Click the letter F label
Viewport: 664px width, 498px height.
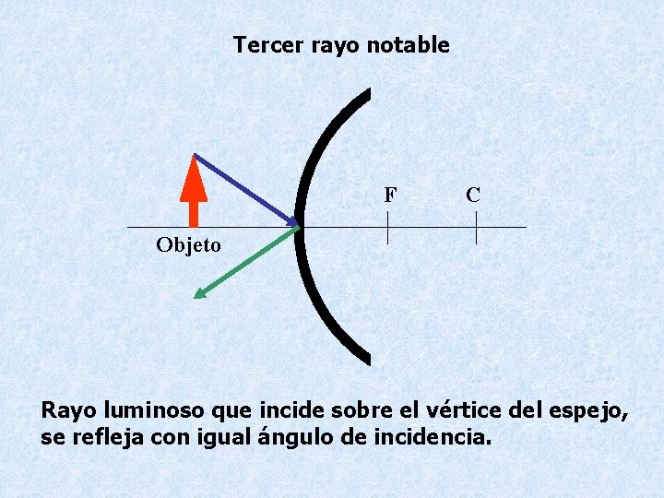click(x=390, y=195)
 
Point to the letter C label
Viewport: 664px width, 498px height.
click(x=472, y=195)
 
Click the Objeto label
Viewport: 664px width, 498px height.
click(x=188, y=245)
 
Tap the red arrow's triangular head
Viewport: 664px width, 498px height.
click(x=194, y=178)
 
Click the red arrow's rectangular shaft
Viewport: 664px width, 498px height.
click(x=194, y=213)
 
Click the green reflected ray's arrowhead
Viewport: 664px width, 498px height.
click(x=199, y=293)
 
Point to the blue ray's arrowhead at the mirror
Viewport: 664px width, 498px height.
click(x=295, y=222)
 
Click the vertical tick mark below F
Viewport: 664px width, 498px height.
click(x=387, y=228)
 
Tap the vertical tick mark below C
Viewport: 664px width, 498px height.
click(x=476, y=228)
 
